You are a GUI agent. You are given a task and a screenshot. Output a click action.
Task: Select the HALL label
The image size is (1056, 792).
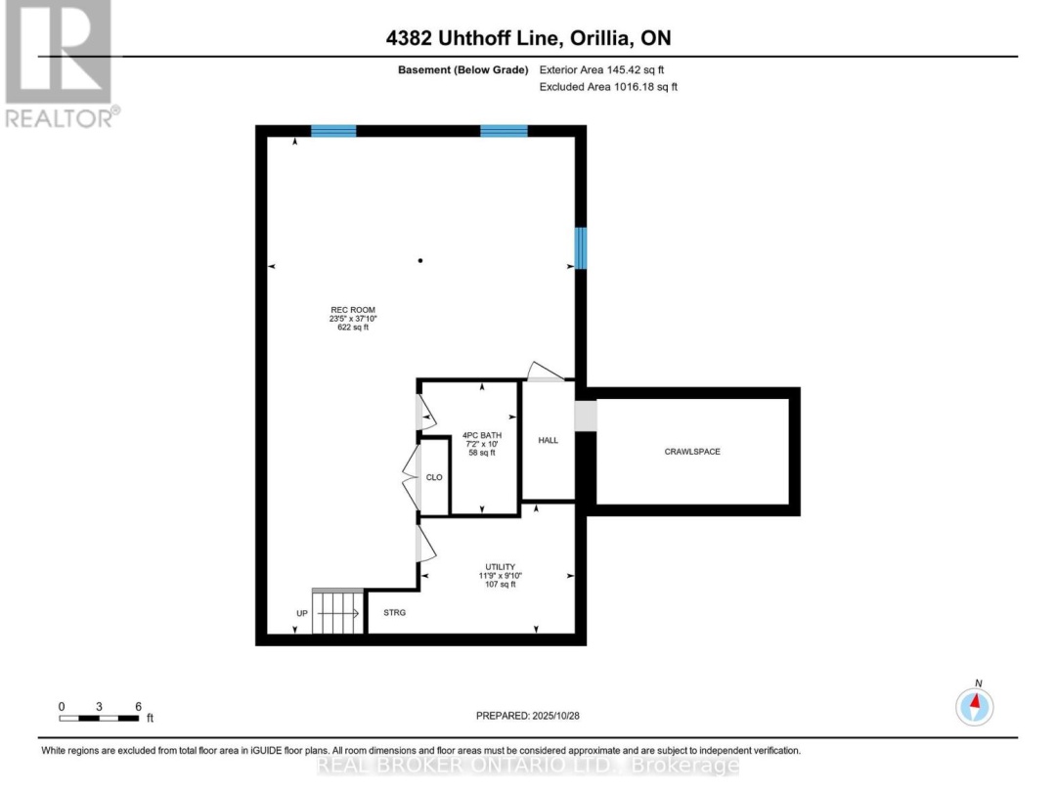(x=549, y=441)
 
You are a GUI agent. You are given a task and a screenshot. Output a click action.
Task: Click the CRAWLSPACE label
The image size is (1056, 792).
(x=692, y=452)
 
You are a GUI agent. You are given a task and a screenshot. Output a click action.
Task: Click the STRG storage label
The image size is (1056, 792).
(x=394, y=613)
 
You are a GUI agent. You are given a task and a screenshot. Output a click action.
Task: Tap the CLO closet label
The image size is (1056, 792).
(x=434, y=478)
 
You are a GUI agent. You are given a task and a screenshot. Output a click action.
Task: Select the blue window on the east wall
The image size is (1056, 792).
(x=581, y=248)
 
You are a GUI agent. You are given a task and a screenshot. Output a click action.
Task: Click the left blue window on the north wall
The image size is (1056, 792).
(x=333, y=131)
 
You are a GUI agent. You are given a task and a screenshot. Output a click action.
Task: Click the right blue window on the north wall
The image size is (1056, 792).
(x=504, y=131)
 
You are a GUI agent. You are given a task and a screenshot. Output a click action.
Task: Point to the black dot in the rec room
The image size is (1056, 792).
(x=420, y=261)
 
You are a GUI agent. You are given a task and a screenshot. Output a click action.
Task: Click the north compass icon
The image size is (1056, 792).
(x=975, y=704)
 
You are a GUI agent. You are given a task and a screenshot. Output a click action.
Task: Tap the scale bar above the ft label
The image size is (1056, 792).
(x=99, y=719)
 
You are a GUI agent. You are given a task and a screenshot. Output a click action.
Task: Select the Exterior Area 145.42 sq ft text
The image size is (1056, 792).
(x=608, y=70)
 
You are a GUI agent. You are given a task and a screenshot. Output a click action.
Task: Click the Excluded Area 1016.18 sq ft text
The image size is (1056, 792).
(x=608, y=87)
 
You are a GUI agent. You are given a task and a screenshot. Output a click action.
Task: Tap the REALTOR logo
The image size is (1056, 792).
(x=59, y=64)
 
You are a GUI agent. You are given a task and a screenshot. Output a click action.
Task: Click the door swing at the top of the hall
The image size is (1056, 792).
(x=545, y=372)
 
